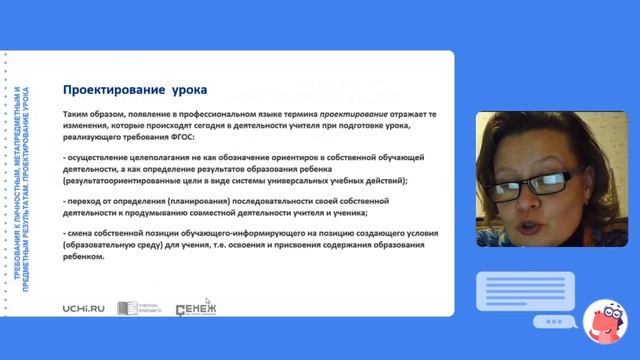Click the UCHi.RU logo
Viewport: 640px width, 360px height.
[82, 309]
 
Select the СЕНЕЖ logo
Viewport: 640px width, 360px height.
[195, 309]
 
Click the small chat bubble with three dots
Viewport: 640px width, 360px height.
[548, 322]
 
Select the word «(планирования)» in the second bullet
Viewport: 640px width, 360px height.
[187, 200]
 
